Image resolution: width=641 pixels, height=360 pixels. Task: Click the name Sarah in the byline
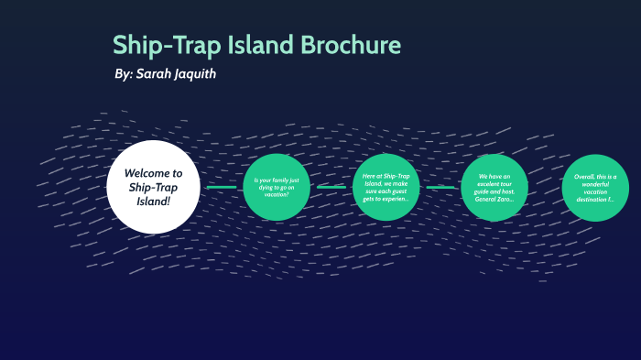(159, 73)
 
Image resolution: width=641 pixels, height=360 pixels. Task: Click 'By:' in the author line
(123, 73)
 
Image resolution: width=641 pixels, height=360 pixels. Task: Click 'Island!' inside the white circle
(153, 201)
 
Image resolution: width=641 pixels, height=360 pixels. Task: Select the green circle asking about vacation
(277, 187)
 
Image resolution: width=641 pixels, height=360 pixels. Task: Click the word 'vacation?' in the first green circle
(277, 194)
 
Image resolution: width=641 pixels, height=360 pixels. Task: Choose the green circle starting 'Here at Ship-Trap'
(386, 187)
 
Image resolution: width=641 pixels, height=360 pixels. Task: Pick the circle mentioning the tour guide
(494, 187)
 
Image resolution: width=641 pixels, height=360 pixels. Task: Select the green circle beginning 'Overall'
(594, 187)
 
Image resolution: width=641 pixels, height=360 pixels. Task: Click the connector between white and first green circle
(221, 187)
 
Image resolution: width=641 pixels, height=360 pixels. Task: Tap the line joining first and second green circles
(331, 187)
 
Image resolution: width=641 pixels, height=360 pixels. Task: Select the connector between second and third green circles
(440, 187)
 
